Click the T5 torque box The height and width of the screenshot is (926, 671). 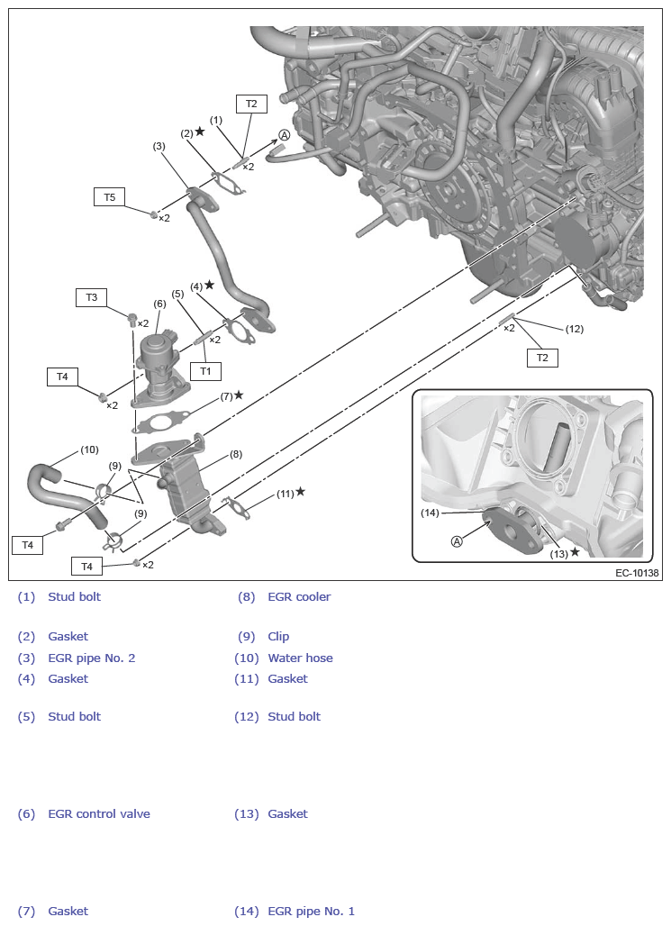pos(109,196)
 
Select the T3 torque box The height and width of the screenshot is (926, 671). pos(91,296)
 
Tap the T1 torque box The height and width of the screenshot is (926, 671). pos(205,370)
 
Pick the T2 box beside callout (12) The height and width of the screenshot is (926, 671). pos(542,358)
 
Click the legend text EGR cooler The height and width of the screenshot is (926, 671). pos(299,596)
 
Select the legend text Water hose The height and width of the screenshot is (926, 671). pos(300,658)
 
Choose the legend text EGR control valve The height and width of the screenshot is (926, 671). pos(99,813)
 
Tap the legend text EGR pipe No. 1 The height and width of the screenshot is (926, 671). pos(311,911)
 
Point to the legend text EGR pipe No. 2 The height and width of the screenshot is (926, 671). pos(92,658)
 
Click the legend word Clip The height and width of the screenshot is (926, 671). pos(278,636)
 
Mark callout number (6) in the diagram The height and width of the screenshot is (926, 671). pos(159,304)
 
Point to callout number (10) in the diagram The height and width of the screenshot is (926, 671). pos(89,449)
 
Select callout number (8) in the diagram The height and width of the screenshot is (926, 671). pos(236,455)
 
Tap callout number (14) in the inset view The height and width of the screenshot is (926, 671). pos(430,513)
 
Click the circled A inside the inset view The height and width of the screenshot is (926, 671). pos(457,541)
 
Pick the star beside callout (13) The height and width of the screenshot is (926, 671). pos(575,552)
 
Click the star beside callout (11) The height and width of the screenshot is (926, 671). pos(300,492)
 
